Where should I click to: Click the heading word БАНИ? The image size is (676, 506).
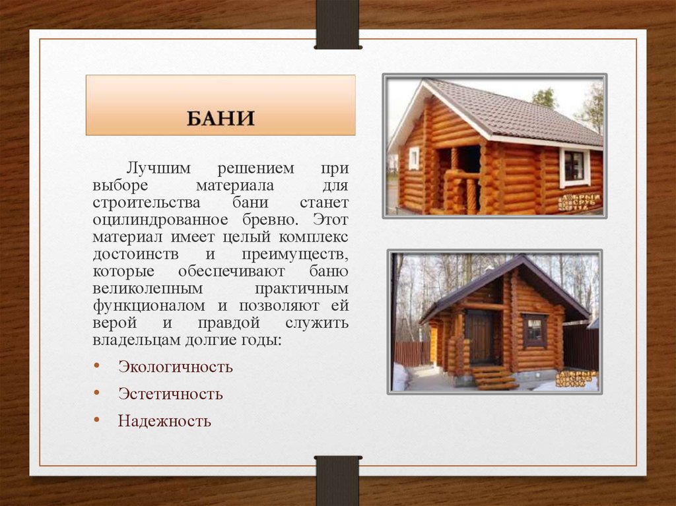click(220, 119)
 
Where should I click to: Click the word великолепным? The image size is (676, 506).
click(148, 289)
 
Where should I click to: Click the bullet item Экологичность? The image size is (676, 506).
click(175, 367)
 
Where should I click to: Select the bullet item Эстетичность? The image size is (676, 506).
click(170, 394)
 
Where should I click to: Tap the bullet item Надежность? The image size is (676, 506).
click(164, 421)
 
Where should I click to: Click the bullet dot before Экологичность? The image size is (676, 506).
click(97, 365)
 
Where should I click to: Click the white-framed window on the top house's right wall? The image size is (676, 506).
click(574, 166)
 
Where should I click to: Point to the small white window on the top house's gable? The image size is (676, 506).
click(414, 158)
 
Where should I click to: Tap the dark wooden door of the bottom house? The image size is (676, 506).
click(479, 336)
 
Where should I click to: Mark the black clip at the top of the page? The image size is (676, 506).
click(337, 24)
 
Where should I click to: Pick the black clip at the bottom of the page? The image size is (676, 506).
click(337, 480)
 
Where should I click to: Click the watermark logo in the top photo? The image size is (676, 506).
click(580, 202)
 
